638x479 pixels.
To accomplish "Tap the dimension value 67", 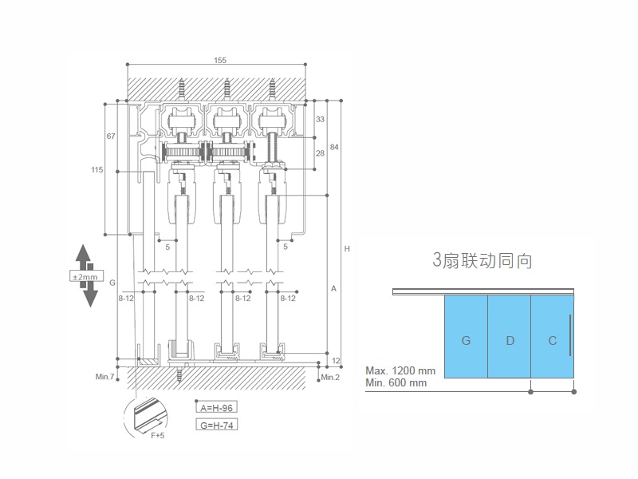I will pyautogui.click(x=111, y=137).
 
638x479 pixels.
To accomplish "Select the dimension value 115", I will pyautogui.click(x=97, y=168).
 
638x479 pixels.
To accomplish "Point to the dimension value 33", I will pyautogui.click(x=321, y=119).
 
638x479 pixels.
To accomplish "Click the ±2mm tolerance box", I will pyautogui.click(x=85, y=275).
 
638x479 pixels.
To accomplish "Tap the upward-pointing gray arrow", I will pyautogui.click(x=85, y=257).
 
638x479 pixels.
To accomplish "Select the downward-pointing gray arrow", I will pyautogui.click(x=89, y=295).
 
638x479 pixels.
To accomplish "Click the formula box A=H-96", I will pyautogui.click(x=217, y=406).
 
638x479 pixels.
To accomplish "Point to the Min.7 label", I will pyautogui.click(x=106, y=376).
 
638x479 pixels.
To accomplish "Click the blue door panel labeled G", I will pyautogui.click(x=465, y=340).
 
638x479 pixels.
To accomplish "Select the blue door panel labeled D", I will pyautogui.click(x=509, y=340).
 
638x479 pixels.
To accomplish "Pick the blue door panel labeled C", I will pyautogui.click(x=552, y=340).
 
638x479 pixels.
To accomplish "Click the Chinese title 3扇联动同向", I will pyautogui.click(x=482, y=260).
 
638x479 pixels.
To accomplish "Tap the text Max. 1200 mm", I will pyautogui.click(x=400, y=370).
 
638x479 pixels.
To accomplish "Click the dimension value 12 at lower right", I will pyautogui.click(x=336, y=362).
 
